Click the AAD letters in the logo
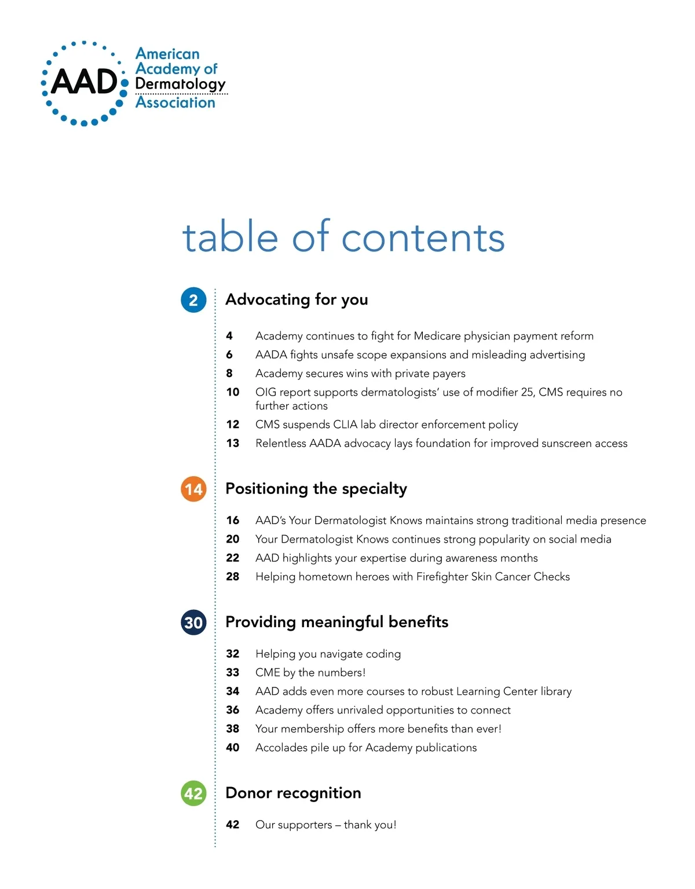click(85, 82)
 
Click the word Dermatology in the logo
click(180, 85)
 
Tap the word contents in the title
click(423, 237)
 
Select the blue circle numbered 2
click(193, 300)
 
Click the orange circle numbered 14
click(193, 489)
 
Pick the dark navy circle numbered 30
click(193, 623)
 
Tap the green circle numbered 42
click(193, 793)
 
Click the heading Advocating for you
click(297, 299)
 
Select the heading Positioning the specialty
click(316, 489)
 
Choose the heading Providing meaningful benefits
click(336, 622)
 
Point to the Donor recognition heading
click(293, 793)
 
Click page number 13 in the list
click(233, 443)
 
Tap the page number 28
click(233, 576)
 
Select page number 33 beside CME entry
click(233, 672)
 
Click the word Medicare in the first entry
click(437, 336)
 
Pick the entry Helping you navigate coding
click(328, 654)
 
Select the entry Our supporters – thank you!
click(325, 825)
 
